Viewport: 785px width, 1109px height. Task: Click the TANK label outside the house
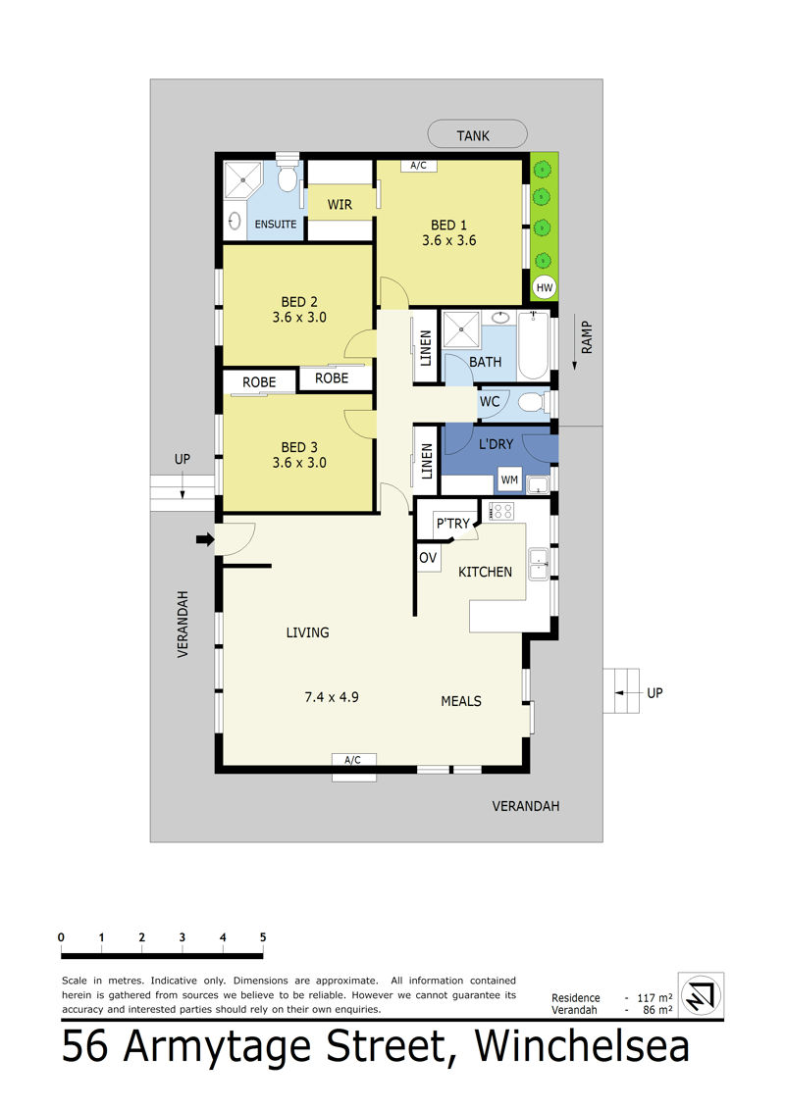[473, 135]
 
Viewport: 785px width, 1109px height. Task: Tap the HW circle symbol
[545, 287]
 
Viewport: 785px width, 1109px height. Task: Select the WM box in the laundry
[509, 480]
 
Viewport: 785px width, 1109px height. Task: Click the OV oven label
[428, 557]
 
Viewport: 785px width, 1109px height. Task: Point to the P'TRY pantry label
[453, 524]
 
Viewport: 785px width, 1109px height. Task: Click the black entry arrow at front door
[205, 539]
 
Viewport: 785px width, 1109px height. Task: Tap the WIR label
[340, 204]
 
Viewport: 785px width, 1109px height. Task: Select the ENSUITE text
[276, 225]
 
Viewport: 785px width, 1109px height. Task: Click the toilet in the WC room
[532, 402]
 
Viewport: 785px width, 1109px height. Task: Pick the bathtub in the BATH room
[533, 346]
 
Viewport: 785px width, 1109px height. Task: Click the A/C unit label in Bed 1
[418, 166]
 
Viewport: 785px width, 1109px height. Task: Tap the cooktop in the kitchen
[501, 511]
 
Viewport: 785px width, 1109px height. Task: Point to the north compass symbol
[701, 995]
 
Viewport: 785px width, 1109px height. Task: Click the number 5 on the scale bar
[263, 937]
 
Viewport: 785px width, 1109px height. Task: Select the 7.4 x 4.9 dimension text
[332, 697]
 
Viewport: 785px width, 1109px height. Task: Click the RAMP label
[587, 337]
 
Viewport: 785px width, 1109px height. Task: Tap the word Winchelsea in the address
[582, 1047]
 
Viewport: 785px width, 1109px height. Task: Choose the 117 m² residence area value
[654, 997]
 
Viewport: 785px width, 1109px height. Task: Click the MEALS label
[461, 701]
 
